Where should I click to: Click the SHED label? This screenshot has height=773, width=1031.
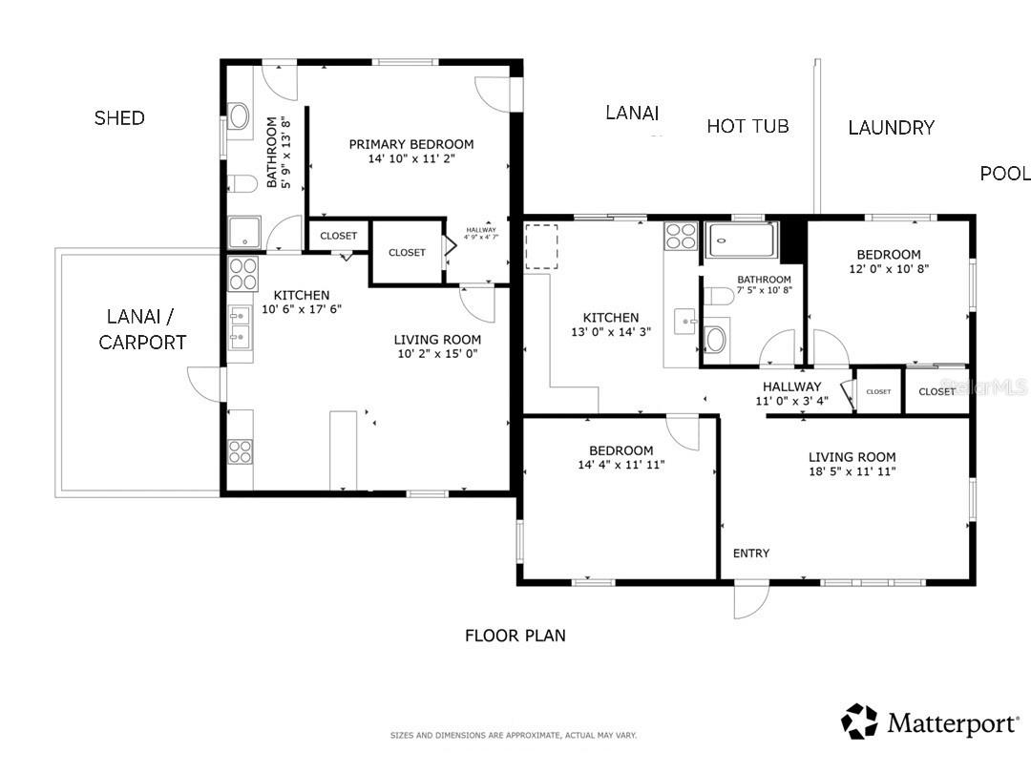(x=119, y=118)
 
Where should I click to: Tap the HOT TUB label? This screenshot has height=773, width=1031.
(x=747, y=126)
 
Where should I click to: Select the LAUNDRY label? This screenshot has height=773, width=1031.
(x=891, y=128)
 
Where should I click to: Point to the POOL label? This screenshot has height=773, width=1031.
(x=1004, y=174)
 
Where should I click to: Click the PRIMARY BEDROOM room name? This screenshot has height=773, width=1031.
(x=410, y=144)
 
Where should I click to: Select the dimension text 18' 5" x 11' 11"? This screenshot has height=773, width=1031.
(x=852, y=471)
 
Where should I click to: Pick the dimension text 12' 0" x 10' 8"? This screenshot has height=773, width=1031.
(x=888, y=269)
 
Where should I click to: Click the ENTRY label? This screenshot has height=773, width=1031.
(x=750, y=554)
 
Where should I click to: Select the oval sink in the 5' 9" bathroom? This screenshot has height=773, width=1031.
(x=239, y=116)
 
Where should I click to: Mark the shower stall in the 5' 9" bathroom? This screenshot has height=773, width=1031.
(x=243, y=234)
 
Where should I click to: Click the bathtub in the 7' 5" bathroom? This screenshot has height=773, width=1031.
(x=742, y=236)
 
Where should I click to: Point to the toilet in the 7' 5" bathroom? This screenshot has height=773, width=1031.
(x=716, y=339)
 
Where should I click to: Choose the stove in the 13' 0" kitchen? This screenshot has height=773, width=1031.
(x=681, y=236)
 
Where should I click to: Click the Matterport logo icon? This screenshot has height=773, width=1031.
(x=859, y=721)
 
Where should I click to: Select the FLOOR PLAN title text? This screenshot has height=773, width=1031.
(x=515, y=636)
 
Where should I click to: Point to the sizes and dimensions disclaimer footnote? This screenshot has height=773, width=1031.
(x=513, y=735)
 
